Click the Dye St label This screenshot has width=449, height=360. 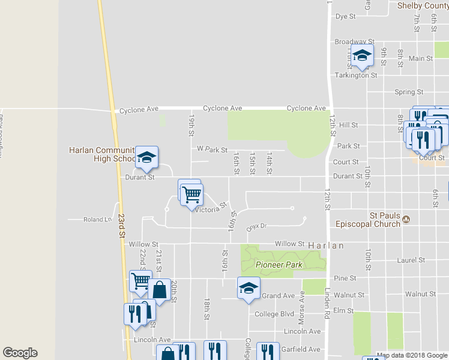pos(346,16)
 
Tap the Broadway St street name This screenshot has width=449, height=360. pos(350,42)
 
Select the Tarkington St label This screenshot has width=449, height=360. pos(356,76)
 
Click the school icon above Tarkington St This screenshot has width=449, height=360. pos(362,56)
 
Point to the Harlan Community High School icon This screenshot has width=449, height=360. pos(146,158)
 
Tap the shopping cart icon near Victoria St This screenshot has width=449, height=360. pos(192,194)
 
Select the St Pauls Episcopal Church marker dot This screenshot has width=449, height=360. pos(406,220)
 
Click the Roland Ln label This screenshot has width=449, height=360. pos(98,220)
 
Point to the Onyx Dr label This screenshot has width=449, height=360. pos(256,227)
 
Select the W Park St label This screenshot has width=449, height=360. pos(212,149)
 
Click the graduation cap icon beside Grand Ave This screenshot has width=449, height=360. pos(249,288)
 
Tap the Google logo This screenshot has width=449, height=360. pos(20,353)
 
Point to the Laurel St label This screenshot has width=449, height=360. pos(411,260)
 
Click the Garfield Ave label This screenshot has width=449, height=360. pos(302,349)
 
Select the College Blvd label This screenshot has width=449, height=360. pos(274,314)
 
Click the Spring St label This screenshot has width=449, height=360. pos(409,92)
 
